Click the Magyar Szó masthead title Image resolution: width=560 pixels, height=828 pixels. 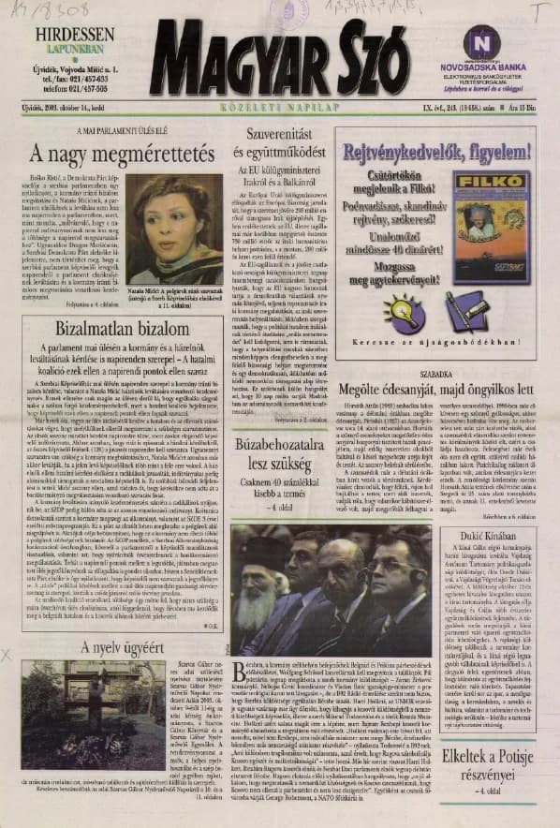coord(278,63)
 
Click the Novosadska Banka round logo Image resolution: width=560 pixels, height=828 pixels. coord(480,41)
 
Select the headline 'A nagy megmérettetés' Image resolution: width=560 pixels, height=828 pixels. coord(116,152)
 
